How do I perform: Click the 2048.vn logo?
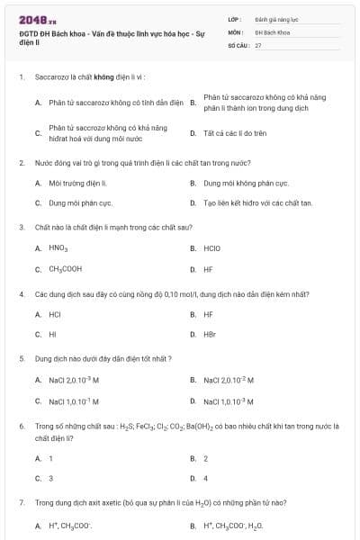[x=33, y=20]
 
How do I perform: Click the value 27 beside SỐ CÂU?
[x=258, y=44]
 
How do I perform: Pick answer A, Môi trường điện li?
[x=71, y=183]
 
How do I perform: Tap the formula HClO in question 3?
[x=212, y=247]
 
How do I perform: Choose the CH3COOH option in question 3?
[x=66, y=268]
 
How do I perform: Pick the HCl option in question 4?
[x=55, y=314]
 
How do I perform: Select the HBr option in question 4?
[x=210, y=334]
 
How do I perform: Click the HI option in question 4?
[x=52, y=334]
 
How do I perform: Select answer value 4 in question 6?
[x=205, y=478]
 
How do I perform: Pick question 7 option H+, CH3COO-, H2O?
[x=233, y=525]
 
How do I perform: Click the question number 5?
[x=21, y=358]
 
